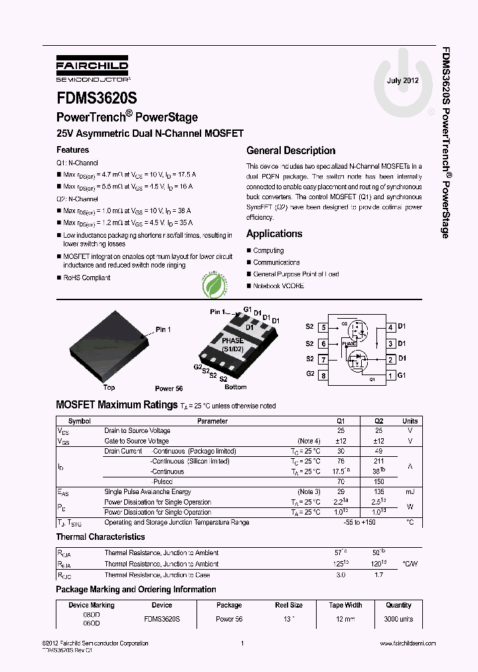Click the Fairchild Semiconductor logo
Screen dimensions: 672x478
[x=92, y=68]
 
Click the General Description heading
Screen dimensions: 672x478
[x=291, y=151]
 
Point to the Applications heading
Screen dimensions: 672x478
[x=274, y=234]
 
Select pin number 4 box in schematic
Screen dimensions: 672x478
[x=391, y=327]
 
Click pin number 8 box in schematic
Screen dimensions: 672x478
[x=323, y=376]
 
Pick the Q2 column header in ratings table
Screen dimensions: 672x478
[x=378, y=421]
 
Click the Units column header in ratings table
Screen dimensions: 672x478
[x=410, y=421]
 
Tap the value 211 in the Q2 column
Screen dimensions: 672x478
[x=378, y=462]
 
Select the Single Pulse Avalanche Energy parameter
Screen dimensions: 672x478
[x=149, y=492]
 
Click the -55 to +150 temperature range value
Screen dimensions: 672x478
[x=360, y=523]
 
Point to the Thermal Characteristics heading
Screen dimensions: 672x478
[x=100, y=537]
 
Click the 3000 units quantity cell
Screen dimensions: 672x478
[x=398, y=619]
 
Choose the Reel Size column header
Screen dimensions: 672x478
[x=289, y=606]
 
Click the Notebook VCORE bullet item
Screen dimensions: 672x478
[x=278, y=286]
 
